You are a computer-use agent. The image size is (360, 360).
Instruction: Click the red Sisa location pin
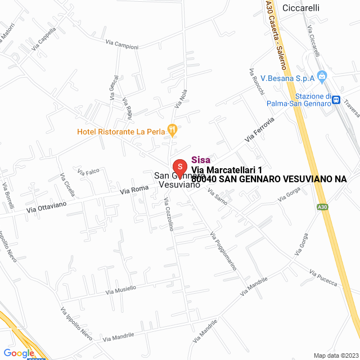[179, 167]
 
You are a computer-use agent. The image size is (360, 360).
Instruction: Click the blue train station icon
[336, 100]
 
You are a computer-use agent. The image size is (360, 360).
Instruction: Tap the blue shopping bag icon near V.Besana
[322, 76]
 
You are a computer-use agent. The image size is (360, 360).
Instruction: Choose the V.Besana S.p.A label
[287, 78]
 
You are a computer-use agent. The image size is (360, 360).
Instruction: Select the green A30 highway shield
[322, 207]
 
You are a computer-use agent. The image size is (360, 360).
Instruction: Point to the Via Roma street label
[133, 191]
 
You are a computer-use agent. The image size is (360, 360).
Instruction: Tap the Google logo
[19, 353]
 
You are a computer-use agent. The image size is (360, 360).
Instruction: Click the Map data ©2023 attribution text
[335, 355]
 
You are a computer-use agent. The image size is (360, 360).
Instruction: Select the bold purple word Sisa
[201, 159]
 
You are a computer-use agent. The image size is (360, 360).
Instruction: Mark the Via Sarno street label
[217, 196]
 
